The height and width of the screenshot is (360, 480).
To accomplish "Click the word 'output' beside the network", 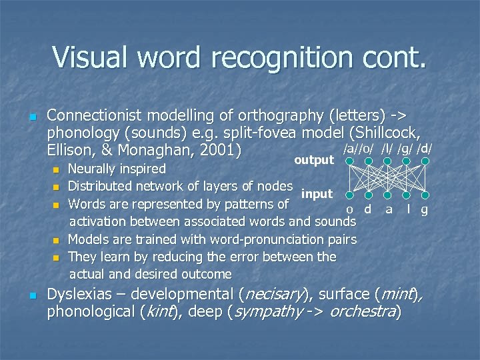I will [x=313, y=160].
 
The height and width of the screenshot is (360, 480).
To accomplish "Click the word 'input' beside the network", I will [x=317, y=193].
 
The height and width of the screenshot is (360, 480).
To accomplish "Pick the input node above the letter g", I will [x=424, y=197].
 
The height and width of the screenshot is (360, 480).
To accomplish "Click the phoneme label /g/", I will [x=405, y=148].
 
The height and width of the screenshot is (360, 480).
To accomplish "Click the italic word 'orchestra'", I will [x=364, y=311].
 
